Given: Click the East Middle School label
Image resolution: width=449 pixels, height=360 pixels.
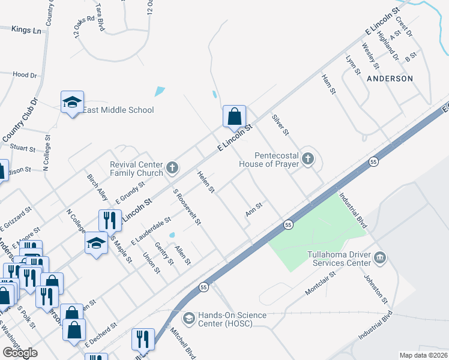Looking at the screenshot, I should pos(118,110).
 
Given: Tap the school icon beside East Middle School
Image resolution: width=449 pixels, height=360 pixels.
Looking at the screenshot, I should pos(72,103).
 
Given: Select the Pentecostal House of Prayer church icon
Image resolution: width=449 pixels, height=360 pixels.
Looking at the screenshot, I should pos(308,158).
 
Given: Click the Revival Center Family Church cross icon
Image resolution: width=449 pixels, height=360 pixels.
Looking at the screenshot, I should pos(172,167).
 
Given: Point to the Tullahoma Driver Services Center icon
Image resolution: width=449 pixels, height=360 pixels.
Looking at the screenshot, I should pos(380,258).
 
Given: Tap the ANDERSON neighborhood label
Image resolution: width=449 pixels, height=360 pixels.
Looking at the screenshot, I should pos(390,79).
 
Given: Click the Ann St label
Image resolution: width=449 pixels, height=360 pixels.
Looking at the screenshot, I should pos(255,210).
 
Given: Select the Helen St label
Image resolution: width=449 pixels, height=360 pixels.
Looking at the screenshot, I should pos(206,182).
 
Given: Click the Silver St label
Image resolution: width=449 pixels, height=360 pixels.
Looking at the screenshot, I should pos(281,124).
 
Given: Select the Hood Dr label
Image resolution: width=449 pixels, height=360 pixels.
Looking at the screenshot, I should pos(25,75).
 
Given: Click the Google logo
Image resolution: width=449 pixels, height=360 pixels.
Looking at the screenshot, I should pos(20,353).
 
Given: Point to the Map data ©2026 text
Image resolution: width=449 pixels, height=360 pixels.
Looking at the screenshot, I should pos(424,355).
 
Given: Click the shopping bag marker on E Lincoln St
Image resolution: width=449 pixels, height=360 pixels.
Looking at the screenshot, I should pos(234,116).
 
